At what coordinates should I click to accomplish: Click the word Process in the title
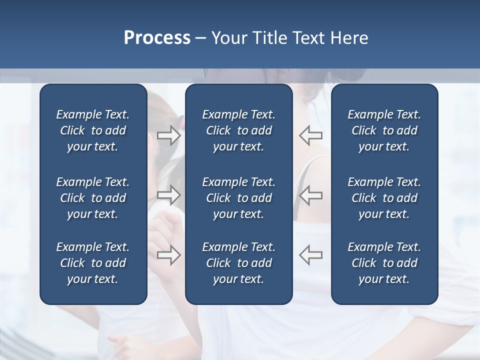157,38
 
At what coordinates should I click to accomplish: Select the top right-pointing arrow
168,135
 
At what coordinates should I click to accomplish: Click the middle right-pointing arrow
168,194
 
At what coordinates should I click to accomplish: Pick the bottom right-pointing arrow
168,254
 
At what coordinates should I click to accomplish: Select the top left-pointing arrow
310,135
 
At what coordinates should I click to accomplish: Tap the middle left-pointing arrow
310,194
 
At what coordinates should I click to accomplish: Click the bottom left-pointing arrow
310,254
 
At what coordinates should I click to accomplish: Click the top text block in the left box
93,130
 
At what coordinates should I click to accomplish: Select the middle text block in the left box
93,198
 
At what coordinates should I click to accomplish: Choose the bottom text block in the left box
93,263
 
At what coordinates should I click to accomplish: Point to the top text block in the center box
238,130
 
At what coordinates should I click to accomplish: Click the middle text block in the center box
238,198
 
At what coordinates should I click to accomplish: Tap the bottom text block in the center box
238,263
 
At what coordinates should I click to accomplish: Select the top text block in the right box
384,130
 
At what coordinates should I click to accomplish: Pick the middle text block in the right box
384,198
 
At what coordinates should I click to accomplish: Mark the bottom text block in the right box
384,263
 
